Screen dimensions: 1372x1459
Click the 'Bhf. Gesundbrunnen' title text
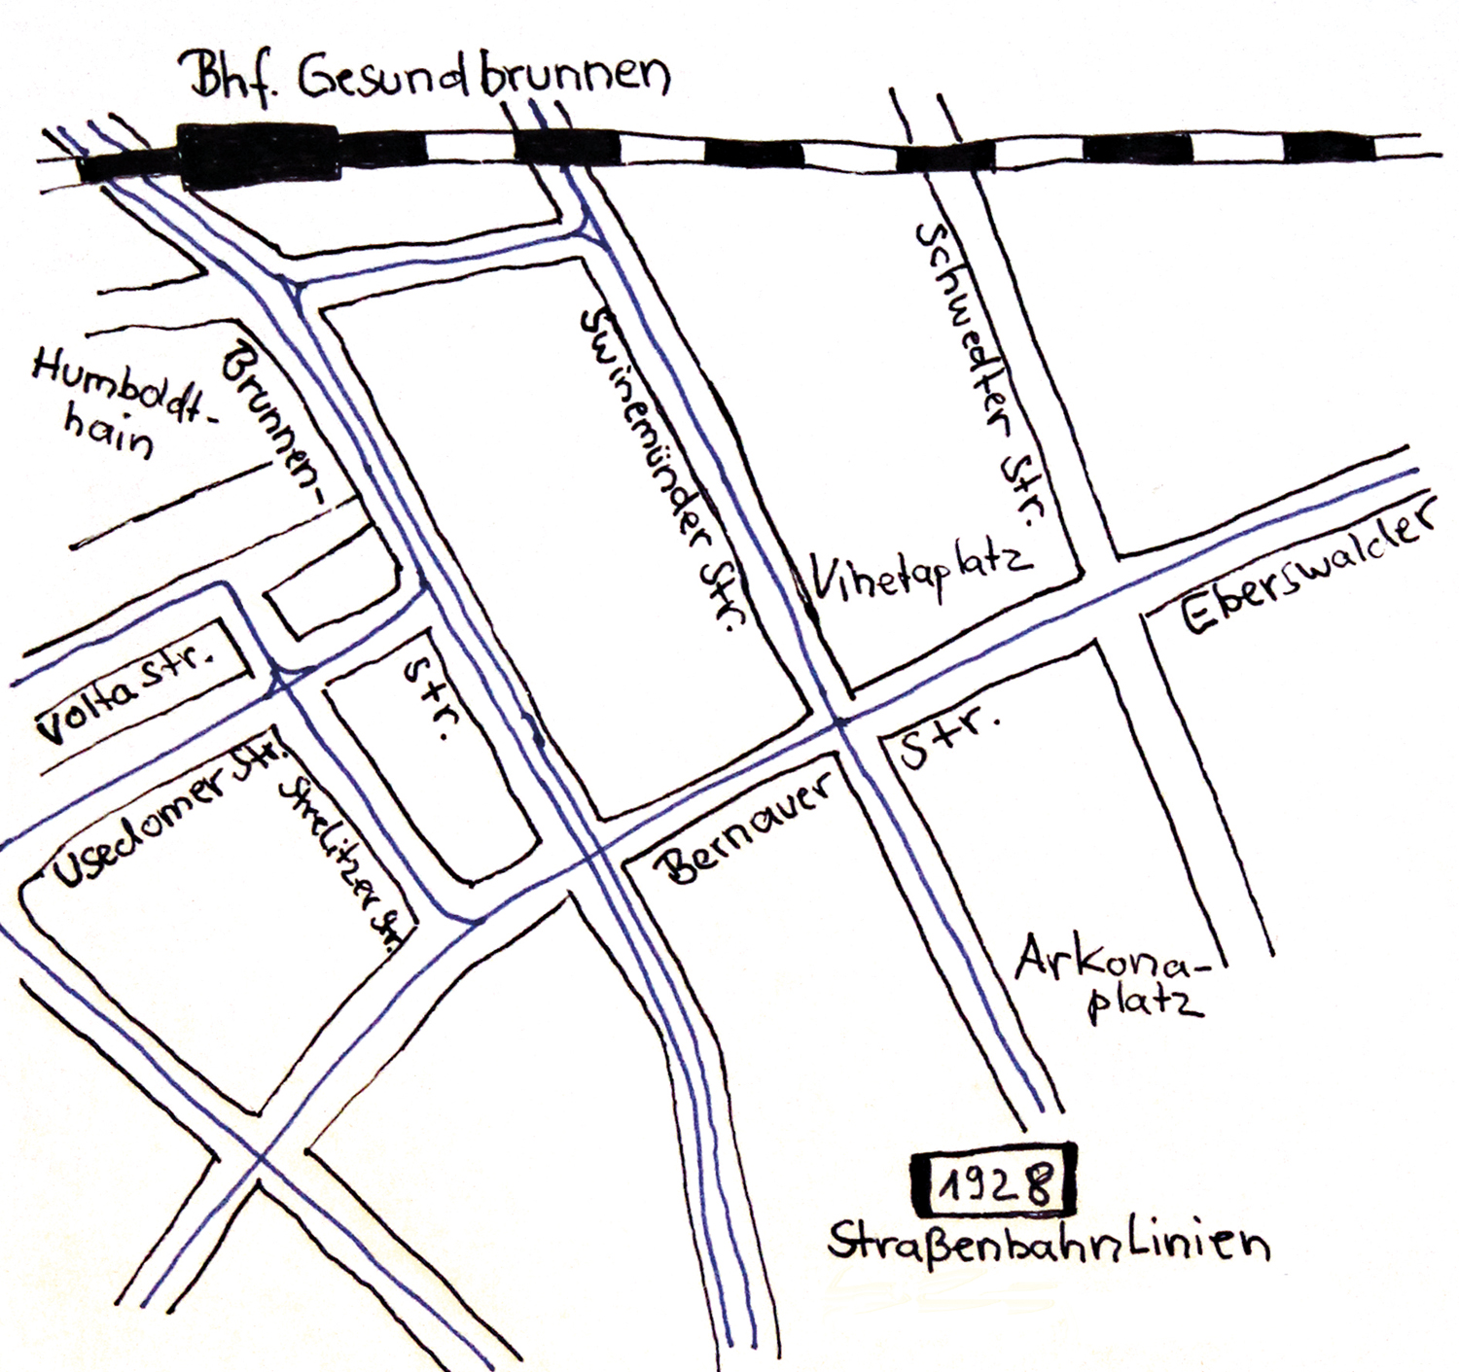[x=429, y=77]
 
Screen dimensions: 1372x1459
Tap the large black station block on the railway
[x=261, y=154]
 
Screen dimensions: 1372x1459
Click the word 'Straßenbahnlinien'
[x=1049, y=1243]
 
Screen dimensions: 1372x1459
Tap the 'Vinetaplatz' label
[x=920, y=575]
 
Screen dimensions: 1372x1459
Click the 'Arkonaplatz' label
[x=1115, y=975]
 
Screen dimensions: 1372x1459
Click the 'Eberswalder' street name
[x=1308, y=570]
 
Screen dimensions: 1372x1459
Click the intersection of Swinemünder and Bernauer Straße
[x=842, y=723]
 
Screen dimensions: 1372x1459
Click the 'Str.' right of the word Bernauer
[x=949, y=740]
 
